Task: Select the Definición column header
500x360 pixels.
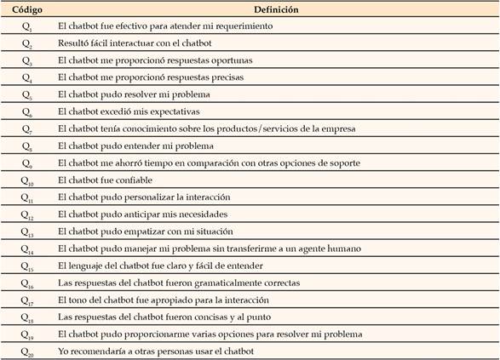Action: pos(279,9)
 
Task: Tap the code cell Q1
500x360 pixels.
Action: pos(26,26)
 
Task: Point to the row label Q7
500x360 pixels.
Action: pos(26,129)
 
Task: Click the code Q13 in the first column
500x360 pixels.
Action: pos(27,231)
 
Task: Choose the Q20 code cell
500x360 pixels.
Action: pos(27,351)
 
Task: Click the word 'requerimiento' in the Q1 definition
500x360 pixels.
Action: pos(242,26)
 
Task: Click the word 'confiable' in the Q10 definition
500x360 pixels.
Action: pos(139,180)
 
